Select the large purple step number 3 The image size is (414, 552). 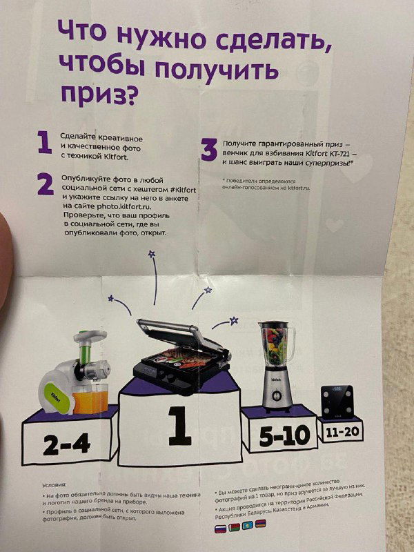(209, 149)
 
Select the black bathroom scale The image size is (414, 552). (336, 402)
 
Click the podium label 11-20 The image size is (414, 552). (342, 431)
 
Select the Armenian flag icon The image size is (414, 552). (260, 525)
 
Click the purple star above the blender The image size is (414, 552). (234, 319)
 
